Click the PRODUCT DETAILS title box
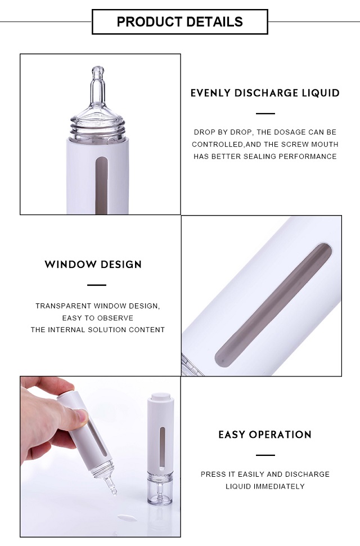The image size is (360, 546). (x=179, y=22)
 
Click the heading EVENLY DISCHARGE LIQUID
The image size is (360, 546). (x=265, y=93)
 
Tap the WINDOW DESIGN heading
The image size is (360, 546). (x=93, y=265)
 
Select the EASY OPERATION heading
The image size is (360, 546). (x=265, y=435)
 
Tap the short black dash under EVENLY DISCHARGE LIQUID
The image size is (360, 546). (x=265, y=114)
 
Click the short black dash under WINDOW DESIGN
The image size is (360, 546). (x=96, y=285)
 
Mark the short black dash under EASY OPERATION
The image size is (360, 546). (x=265, y=455)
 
